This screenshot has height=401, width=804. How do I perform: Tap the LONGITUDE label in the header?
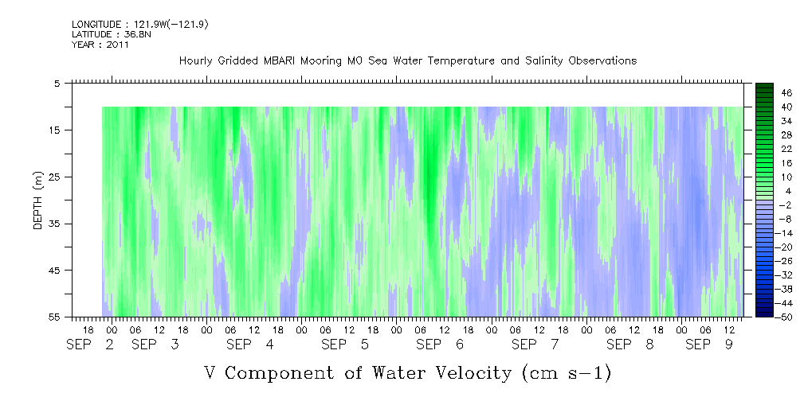(x=96, y=25)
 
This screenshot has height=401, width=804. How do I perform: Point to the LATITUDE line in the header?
(x=100, y=34)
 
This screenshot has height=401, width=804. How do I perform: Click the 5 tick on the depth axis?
(x=57, y=83)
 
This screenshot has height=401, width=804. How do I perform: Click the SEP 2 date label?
(x=89, y=345)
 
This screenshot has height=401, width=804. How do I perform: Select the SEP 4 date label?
(x=250, y=345)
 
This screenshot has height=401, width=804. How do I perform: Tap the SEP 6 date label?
(x=440, y=345)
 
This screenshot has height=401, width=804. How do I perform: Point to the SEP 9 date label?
(x=709, y=345)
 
